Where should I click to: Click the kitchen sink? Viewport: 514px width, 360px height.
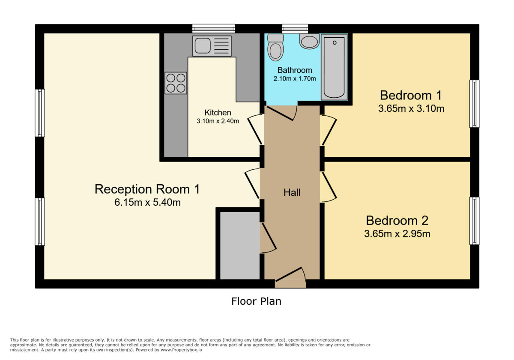pyautogui.click(x=212, y=46)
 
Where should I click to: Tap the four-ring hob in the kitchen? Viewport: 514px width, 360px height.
pyautogui.click(x=176, y=83)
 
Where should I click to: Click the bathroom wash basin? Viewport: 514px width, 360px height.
pyautogui.click(x=309, y=42)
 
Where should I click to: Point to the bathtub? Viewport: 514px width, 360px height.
pyautogui.click(x=334, y=67)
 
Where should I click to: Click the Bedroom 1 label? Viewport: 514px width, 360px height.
pyautogui.click(x=410, y=95)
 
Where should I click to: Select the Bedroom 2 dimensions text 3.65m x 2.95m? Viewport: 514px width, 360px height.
pyautogui.click(x=397, y=234)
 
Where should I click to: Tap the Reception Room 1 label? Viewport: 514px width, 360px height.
pyautogui.click(x=147, y=189)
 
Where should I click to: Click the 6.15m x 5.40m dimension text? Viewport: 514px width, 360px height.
pyautogui.click(x=147, y=203)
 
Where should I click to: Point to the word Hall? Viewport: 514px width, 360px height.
pyautogui.click(x=292, y=192)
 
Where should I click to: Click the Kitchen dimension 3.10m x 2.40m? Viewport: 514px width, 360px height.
pyautogui.click(x=218, y=121)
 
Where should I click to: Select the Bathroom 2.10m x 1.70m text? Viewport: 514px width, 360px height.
pyautogui.click(x=295, y=78)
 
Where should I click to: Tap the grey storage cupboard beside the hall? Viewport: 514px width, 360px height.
pyautogui.click(x=240, y=245)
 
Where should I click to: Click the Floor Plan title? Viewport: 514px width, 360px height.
pyautogui.click(x=256, y=301)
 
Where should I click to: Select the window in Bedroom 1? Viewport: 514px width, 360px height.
pyautogui.click(x=474, y=104)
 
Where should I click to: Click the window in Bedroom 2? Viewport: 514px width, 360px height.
pyautogui.click(x=474, y=221)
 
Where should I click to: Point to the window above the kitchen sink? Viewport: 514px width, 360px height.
pyautogui.click(x=213, y=29)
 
